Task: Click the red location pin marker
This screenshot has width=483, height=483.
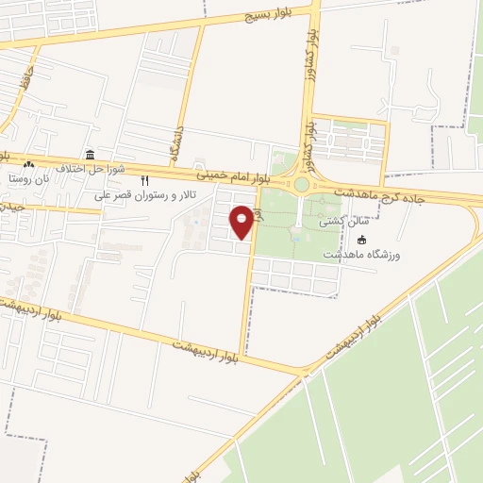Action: pos(242,220)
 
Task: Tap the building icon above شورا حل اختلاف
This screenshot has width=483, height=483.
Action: pos(90,154)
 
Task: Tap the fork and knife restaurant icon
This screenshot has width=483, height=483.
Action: pos(144,180)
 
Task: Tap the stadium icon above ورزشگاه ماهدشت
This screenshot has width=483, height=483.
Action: pos(362,241)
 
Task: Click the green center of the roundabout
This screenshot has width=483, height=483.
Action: pos(302,185)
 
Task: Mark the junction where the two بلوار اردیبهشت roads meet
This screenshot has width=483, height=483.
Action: pos(305,370)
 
